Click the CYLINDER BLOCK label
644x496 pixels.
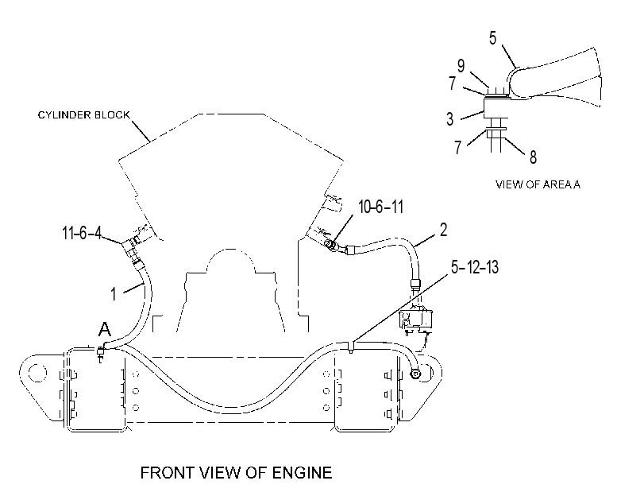tap(84, 114)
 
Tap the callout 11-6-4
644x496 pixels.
tap(81, 233)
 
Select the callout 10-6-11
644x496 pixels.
tap(380, 207)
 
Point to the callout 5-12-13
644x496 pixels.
tap(475, 267)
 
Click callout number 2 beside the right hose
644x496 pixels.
tap(443, 230)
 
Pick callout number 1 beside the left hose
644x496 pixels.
tap(114, 294)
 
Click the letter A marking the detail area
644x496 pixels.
tap(105, 329)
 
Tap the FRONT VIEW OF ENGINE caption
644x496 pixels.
tap(236, 473)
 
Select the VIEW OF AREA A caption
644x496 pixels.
tap(538, 184)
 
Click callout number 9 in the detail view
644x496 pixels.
tap(461, 65)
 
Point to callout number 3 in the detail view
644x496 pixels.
tap(450, 119)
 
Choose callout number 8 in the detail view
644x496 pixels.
tap(533, 157)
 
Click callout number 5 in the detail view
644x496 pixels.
tap(493, 38)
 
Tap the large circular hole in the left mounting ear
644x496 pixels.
tap(37, 374)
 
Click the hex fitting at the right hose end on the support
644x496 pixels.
tap(415, 374)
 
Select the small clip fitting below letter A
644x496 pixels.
tap(100, 354)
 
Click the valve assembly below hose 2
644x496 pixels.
tap(415, 320)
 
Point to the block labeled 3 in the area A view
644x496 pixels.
tap(496, 108)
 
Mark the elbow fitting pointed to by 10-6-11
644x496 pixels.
tap(330, 246)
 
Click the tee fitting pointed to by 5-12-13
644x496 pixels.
tap(351, 347)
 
